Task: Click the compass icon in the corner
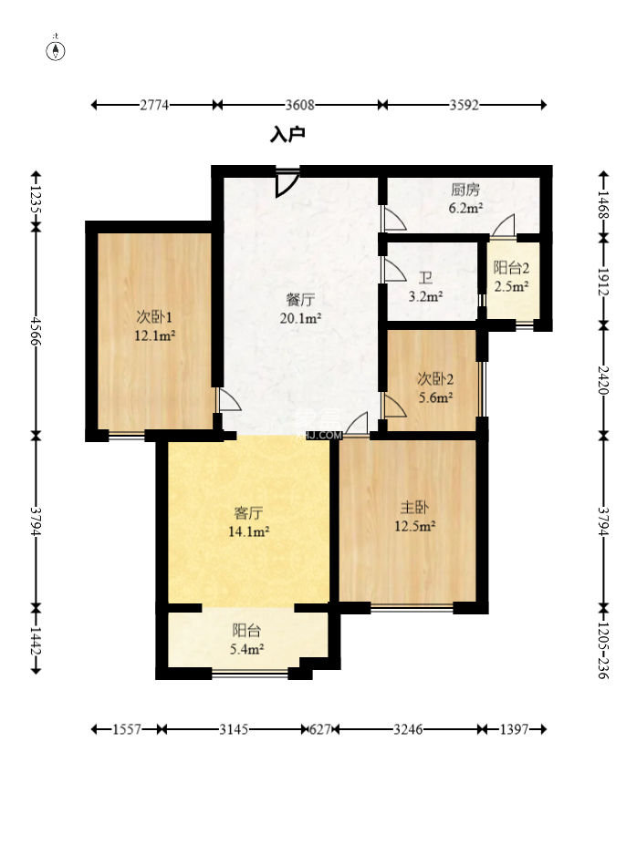point(57,50)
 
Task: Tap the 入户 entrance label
point(288,135)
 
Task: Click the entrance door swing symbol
point(286,183)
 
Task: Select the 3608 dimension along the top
point(299,105)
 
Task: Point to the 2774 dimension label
point(154,105)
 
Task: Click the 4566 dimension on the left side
point(36,332)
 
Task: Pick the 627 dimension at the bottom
point(319,729)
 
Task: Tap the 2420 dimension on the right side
point(603,380)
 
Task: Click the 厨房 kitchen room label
point(465,190)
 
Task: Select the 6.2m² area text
point(465,208)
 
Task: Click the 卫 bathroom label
point(426,278)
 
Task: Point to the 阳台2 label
point(511,268)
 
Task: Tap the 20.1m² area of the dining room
point(300,318)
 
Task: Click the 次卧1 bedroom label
point(154,316)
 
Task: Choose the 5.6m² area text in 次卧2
point(435,397)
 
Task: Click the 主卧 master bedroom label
point(414,508)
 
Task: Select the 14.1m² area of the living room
point(248,532)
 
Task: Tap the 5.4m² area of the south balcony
point(247,649)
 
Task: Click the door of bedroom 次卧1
point(227,400)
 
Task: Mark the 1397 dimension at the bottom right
point(514,729)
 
